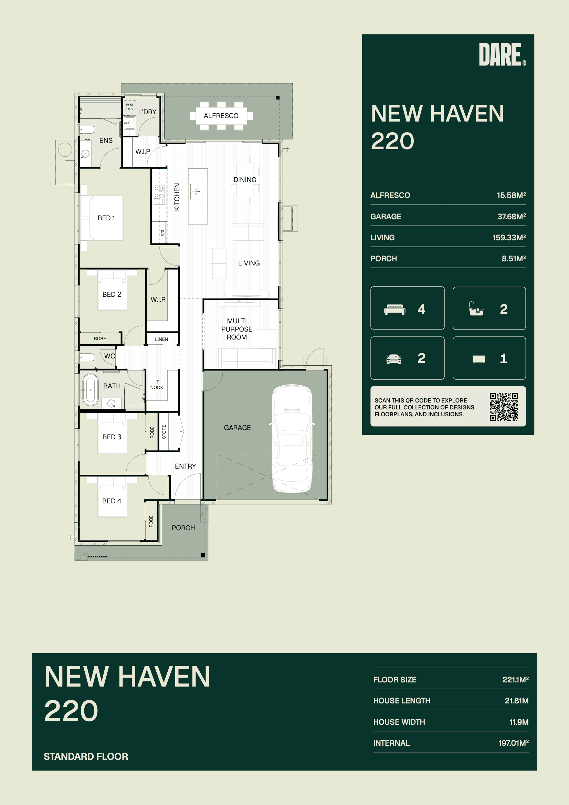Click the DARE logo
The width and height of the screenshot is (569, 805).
[x=502, y=54]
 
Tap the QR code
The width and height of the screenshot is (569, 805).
[x=504, y=407]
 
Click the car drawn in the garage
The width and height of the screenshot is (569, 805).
[x=292, y=438]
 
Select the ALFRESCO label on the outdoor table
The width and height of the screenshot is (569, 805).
[x=221, y=116]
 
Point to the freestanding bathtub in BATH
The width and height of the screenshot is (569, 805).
[x=91, y=389]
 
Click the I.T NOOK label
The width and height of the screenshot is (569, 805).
[x=157, y=385]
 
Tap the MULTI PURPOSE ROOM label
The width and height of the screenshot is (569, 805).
[x=236, y=329]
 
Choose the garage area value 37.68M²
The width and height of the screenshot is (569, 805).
[x=512, y=216]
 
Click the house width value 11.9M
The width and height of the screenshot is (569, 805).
[x=519, y=722]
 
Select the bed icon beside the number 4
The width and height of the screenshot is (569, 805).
[x=395, y=310]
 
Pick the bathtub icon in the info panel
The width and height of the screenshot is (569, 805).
[x=476, y=309]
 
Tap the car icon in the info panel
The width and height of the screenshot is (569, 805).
[x=394, y=359]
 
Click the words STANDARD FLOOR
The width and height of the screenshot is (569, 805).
[x=86, y=756]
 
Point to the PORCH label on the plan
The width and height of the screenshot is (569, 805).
[x=183, y=528]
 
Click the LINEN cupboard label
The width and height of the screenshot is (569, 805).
[x=161, y=339]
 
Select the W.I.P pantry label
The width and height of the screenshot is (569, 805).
[x=143, y=151]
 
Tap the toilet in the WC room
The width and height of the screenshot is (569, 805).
[x=87, y=357]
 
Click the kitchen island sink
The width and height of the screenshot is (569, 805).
[x=194, y=191]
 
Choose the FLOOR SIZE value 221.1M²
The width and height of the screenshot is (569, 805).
[x=515, y=679]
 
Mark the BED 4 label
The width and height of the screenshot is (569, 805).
[x=112, y=501]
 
